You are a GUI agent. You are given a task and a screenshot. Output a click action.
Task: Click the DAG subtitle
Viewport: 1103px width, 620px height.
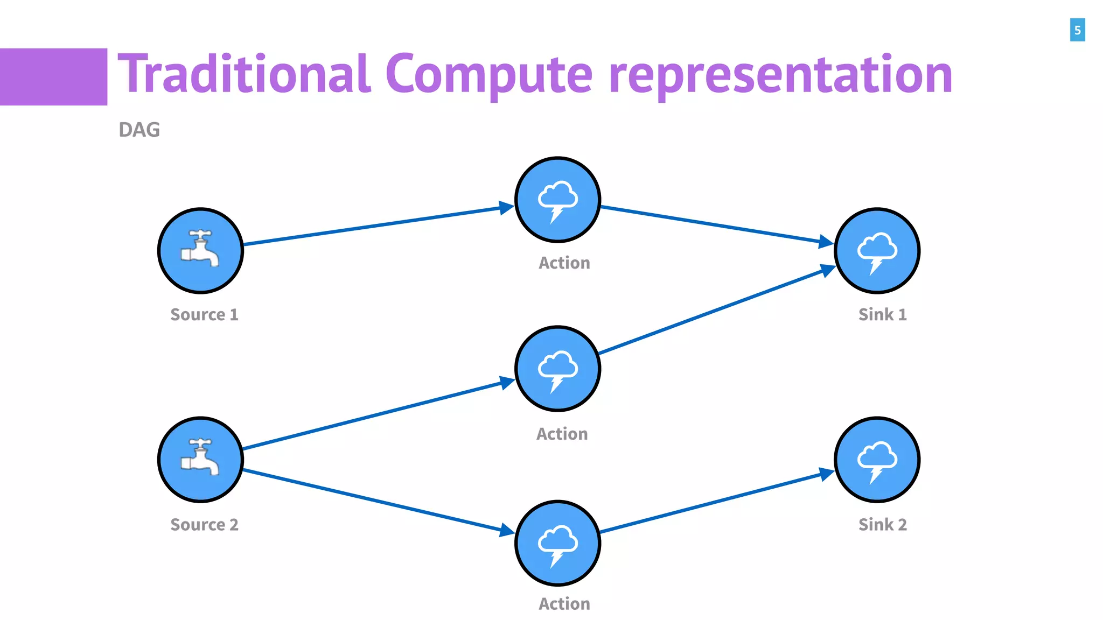[x=139, y=130]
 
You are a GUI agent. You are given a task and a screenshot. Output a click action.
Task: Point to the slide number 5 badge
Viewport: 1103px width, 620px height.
[x=1077, y=30]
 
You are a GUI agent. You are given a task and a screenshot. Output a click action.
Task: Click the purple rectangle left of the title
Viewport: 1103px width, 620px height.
[x=53, y=77]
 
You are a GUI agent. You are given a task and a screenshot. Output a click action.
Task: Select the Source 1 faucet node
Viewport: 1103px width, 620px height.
[x=200, y=251]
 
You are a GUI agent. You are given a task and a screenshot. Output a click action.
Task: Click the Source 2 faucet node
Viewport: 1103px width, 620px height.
[x=200, y=460]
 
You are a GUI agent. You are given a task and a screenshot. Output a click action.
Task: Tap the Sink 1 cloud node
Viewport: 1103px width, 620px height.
[x=877, y=251]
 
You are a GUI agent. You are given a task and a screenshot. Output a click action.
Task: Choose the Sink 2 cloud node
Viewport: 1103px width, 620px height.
[x=877, y=460]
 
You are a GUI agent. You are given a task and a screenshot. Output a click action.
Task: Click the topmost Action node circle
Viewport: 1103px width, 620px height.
[x=557, y=200]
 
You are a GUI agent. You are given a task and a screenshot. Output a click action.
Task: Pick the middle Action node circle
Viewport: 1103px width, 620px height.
[x=557, y=369]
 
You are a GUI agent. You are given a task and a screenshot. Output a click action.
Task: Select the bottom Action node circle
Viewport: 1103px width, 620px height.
[x=557, y=543]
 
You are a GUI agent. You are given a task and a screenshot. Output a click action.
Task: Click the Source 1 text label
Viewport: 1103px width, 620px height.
[x=204, y=315]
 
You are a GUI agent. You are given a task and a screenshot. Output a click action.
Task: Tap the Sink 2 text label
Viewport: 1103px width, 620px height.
[x=882, y=525]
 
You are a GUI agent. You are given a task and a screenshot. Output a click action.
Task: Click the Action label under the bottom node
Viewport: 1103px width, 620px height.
[x=564, y=604]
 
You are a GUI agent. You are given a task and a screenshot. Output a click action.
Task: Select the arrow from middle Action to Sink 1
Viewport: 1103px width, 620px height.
[x=716, y=311]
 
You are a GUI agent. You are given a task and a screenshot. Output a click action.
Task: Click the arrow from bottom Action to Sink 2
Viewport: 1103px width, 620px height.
[x=716, y=503]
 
